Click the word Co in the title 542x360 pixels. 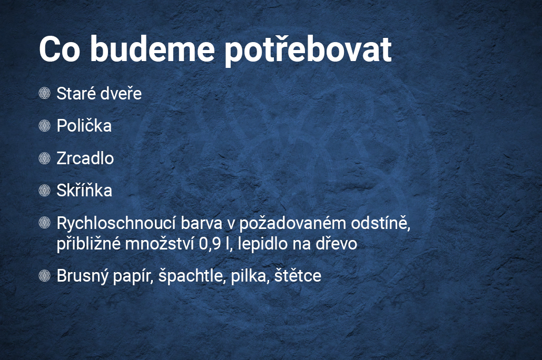60,49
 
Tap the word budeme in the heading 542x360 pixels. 152,49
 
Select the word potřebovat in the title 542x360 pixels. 308,50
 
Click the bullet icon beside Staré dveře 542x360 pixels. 45,93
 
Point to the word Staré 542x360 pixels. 75,94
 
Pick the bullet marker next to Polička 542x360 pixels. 45,126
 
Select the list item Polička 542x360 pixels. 84,125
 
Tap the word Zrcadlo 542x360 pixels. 85,158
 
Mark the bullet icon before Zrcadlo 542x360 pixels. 45,158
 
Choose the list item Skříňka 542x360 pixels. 84,191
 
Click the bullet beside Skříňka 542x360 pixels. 45,191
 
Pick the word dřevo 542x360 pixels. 337,244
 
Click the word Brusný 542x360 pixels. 82,276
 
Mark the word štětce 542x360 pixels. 298,276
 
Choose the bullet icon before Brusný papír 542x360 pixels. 45,276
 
